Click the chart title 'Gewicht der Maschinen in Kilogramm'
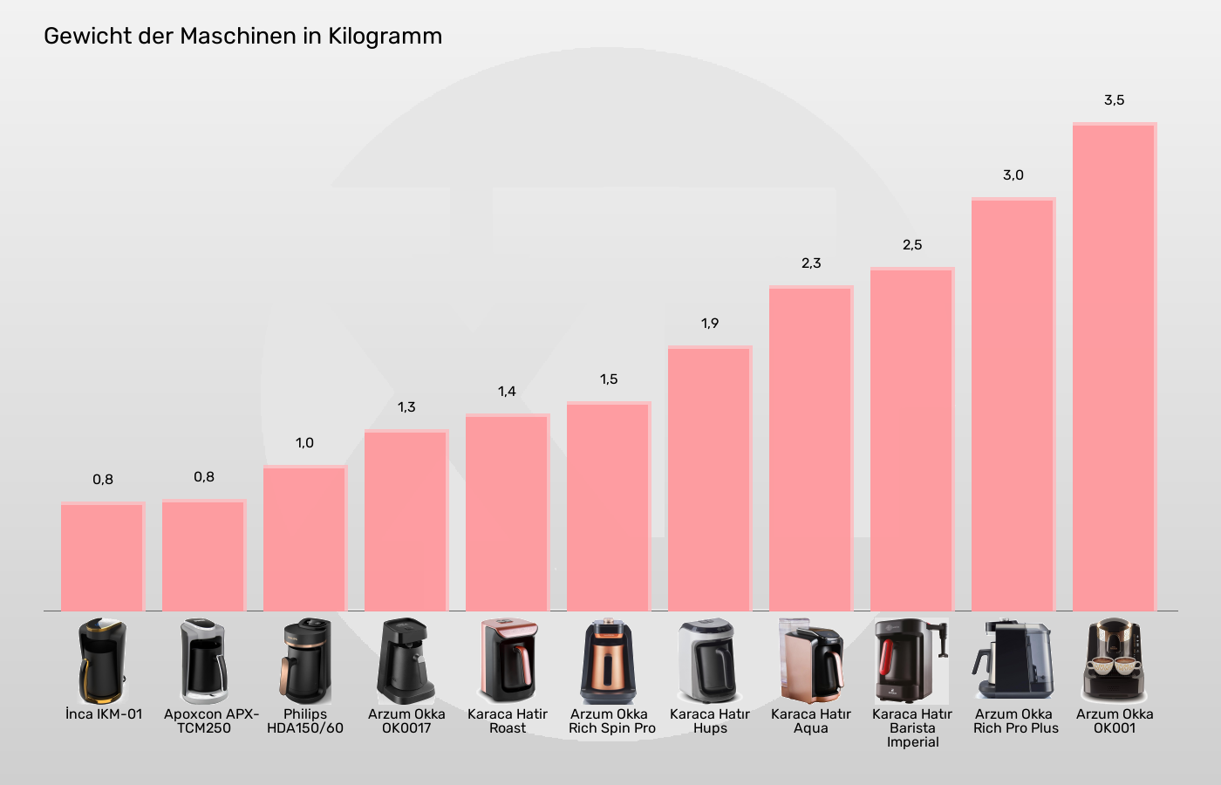[x=242, y=36]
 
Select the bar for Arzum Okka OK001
[x=1115, y=366]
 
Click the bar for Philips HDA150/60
[x=305, y=538]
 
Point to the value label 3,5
[x=1115, y=100]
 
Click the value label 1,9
[x=710, y=324]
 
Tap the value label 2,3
[x=811, y=263]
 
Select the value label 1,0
[x=305, y=443]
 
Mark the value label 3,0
[x=1013, y=175]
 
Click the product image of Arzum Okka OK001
[x=1115, y=660]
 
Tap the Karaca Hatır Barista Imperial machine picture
[x=912, y=660]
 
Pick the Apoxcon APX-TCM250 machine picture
[x=204, y=660]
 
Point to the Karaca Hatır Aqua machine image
[x=811, y=660]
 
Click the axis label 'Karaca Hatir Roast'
[x=508, y=720]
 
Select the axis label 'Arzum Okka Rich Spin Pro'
[x=610, y=720]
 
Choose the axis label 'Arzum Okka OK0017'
[x=406, y=720]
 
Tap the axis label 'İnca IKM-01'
[x=103, y=713]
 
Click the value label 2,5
[x=912, y=245]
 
